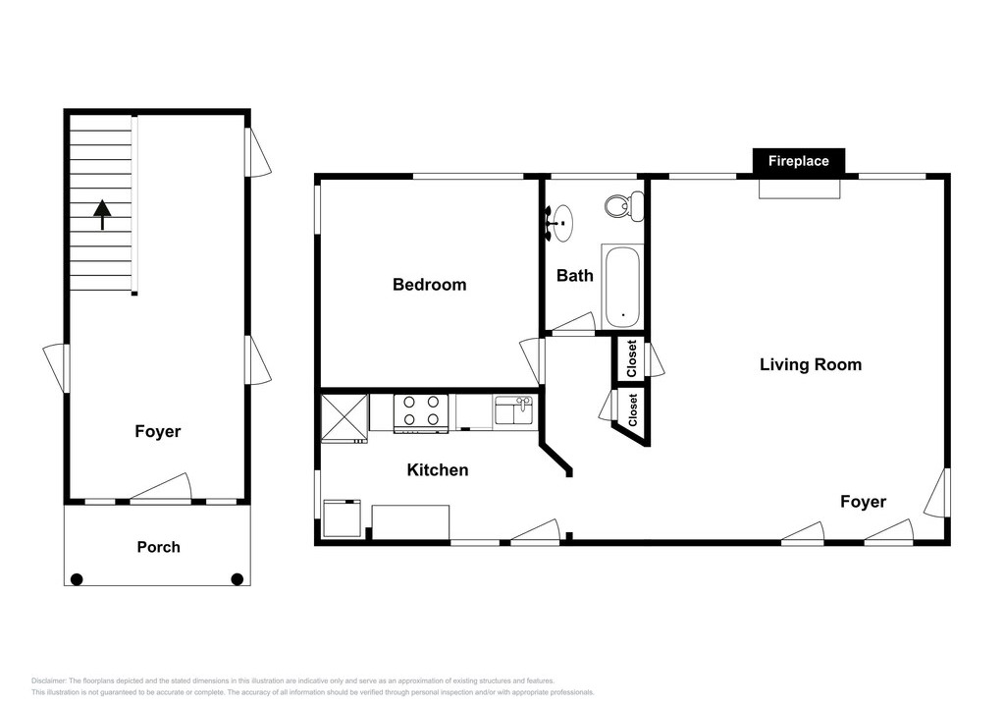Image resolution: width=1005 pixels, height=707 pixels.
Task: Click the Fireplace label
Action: click(798, 161)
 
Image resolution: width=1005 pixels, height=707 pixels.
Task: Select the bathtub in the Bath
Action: click(621, 286)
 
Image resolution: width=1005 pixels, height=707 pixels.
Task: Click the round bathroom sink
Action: click(562, 223)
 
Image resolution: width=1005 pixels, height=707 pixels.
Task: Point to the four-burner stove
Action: click(420, 412)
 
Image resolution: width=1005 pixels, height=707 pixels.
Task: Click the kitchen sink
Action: click(513, 410)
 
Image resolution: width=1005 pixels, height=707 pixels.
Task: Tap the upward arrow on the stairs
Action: click(102, 215)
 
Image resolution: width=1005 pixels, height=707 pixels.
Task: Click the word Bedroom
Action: click(430, 284)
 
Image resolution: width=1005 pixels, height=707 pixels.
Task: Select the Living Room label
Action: click(810, 364)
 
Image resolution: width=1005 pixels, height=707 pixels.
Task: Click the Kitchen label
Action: click(438, 470)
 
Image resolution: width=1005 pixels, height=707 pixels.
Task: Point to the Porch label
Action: click(158, 547)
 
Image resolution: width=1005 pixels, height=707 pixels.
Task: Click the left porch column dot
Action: click(77, 580)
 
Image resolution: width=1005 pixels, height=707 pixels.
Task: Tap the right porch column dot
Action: click(238, 579)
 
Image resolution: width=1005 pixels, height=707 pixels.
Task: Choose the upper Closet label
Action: click(632, 358)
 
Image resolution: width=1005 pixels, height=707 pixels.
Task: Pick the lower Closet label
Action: click(633, 409)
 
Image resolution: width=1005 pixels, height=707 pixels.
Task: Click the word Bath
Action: click(575, 276)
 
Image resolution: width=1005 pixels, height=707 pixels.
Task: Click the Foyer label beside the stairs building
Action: click(158, 431)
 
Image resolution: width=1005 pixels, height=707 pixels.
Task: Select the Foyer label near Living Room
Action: click(864, 502)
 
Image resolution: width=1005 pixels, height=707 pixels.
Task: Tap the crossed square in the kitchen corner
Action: click(344, 417)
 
